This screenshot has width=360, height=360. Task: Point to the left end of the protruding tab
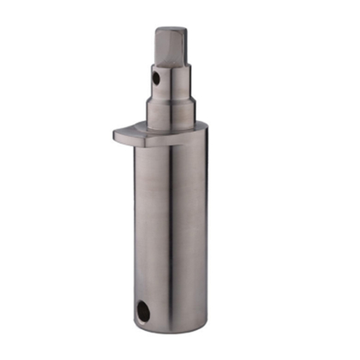tap(115, 134)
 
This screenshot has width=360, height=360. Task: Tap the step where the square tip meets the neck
tap(172, 63)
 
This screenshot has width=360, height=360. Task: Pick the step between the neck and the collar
tap(172, 96)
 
